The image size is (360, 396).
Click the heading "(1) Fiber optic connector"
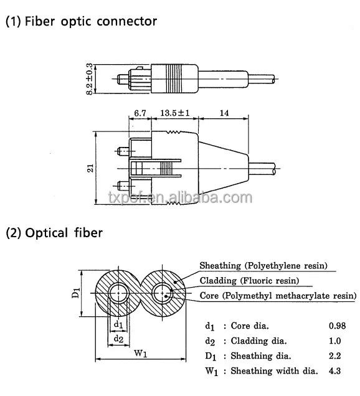coord(81,21)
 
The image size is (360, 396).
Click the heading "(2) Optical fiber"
coord(54,233)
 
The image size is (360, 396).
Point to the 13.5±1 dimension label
coord(174,113)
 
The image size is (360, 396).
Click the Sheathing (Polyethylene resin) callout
coord(263,266)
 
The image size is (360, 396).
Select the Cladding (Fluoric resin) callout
coord(249,281)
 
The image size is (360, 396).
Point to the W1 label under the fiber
coord(140,354)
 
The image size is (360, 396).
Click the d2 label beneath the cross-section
coord(118,338)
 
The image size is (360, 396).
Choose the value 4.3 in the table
coord(336,371)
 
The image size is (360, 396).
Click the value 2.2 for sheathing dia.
coord(336,356)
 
